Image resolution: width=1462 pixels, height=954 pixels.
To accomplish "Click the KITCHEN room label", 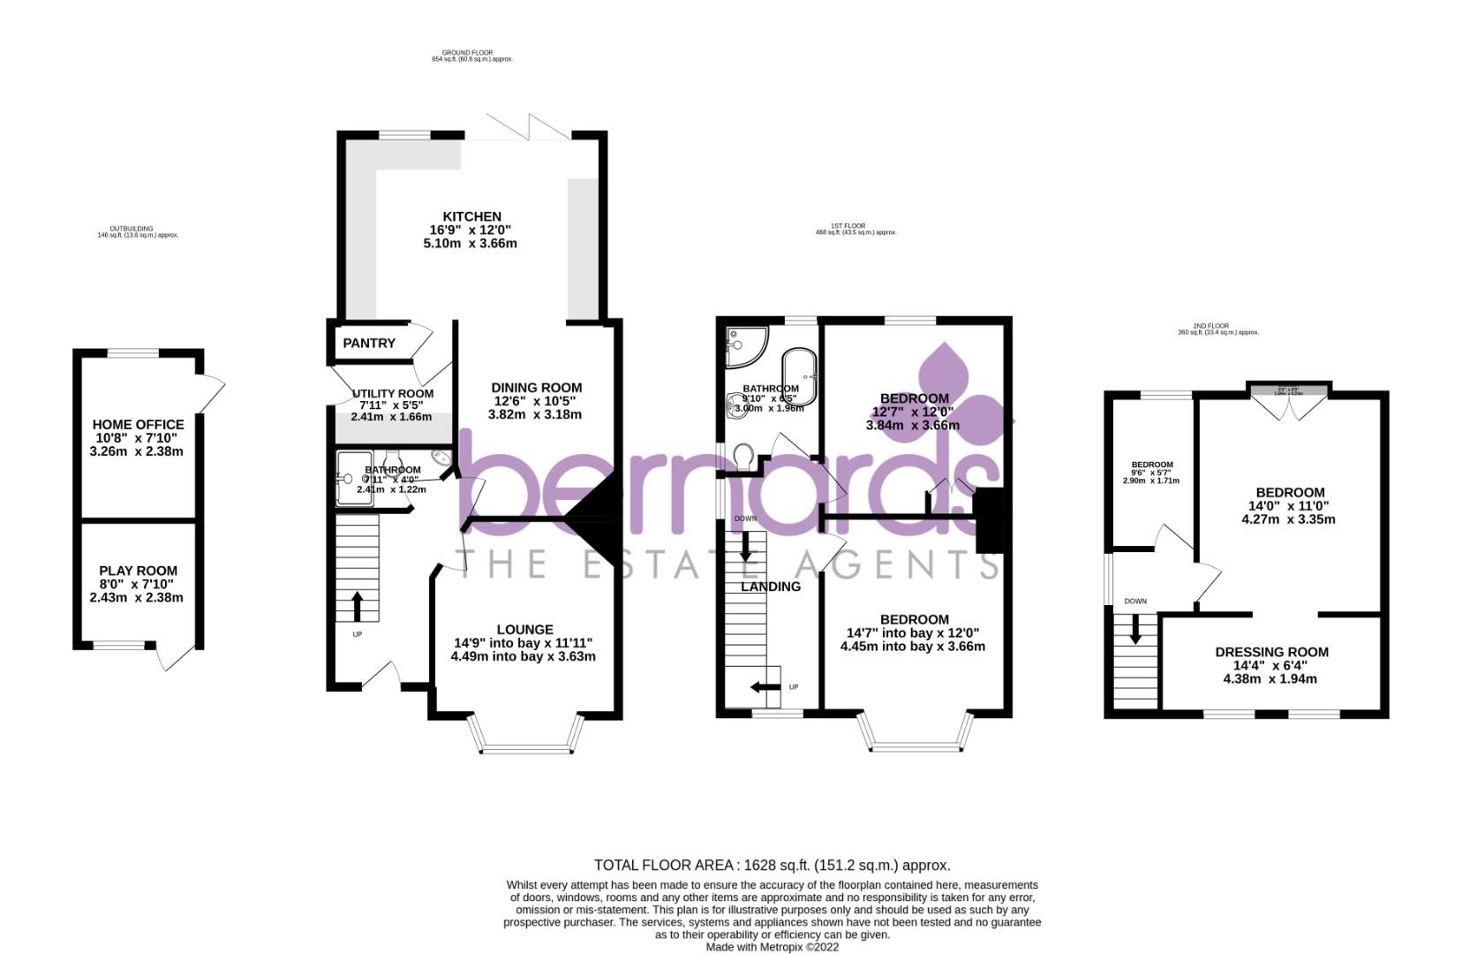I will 471,216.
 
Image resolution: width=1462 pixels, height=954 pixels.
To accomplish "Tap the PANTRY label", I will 369,343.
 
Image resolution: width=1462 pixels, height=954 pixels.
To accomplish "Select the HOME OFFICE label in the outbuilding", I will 138,425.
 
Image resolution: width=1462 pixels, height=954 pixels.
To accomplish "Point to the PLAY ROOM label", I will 138,571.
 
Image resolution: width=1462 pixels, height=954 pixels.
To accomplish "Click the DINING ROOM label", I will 536,387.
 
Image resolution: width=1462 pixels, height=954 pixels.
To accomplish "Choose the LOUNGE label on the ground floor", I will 524,629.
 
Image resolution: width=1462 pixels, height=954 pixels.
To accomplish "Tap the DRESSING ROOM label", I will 1270,652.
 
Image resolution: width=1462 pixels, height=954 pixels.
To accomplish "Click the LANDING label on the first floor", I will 770,587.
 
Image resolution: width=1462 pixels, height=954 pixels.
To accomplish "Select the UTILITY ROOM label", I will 392,394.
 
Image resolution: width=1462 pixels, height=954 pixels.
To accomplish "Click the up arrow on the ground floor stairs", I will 358,606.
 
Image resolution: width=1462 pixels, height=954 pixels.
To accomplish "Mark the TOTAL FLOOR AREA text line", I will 772,865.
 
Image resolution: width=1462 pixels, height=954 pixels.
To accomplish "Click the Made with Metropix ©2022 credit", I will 772,947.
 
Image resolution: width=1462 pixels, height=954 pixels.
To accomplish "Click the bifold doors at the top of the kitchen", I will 528,128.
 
